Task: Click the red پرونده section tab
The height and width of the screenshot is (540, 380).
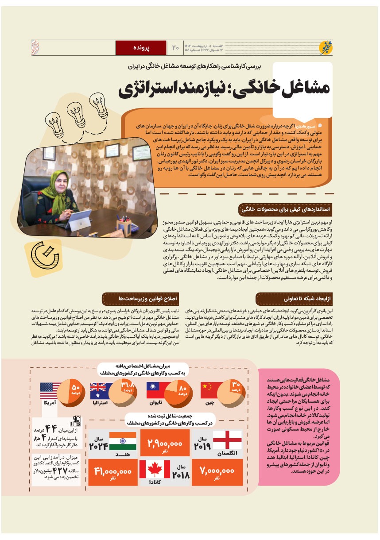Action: click(141, 47)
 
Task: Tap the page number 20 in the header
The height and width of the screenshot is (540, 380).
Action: click(175, 47)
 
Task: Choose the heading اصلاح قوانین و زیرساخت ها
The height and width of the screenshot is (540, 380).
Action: click(141, 299)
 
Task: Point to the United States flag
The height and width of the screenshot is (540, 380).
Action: click(50, 391)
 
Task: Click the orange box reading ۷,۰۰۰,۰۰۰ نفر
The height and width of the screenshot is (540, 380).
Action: click(217, 472)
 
